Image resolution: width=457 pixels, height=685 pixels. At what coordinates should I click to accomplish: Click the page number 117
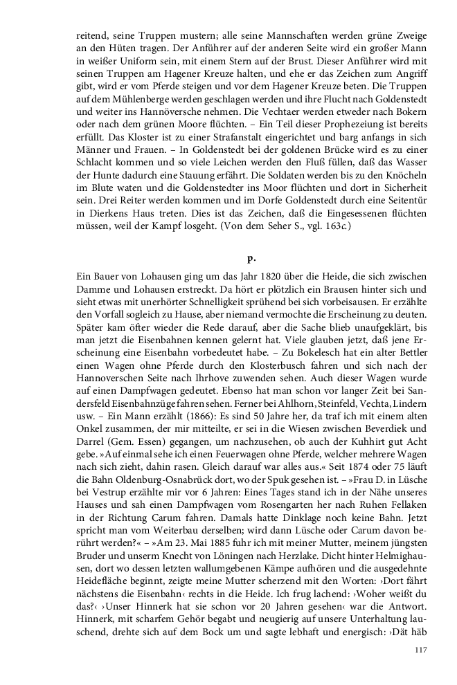click(x=420, y=649)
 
